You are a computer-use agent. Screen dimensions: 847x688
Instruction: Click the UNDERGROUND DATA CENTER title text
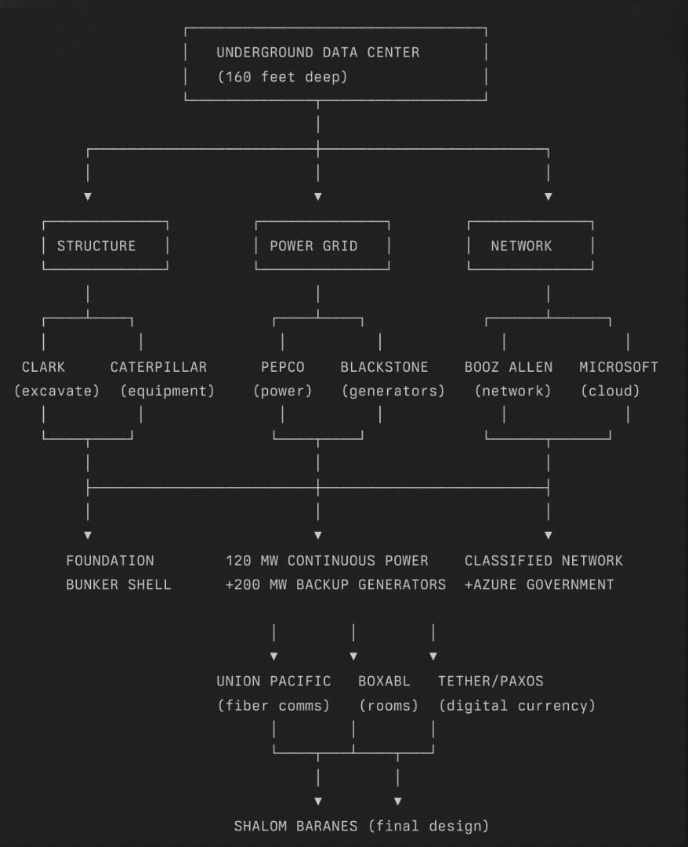pyautogui.click(x=317, y=53)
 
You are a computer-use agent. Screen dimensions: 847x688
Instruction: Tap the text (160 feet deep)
pyautogui.click(x=282, y=77)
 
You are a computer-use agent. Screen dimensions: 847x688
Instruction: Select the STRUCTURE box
pyautogui.click(x=96, y=245)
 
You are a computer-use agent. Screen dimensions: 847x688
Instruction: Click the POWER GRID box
pyautogui.click(x=313, y=245)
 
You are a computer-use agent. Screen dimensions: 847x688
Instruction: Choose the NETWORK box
pyautogui.click(x=521, y=245)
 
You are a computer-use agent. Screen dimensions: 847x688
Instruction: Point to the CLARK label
pyautogui.click(x=44, y=366)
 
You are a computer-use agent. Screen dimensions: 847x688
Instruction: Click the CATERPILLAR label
pyautogui.click(x=158, y=366)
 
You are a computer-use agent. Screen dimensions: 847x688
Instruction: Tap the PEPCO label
pyautogui.click(x=283, y=366)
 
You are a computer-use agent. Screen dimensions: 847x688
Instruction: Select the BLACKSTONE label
pyautogui.click(x=384, y=366)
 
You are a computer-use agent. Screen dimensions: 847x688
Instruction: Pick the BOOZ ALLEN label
pyautogui.click(x=508, y=366)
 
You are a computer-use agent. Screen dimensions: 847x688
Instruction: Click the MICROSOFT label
pyautogui.click(x=618, y=366)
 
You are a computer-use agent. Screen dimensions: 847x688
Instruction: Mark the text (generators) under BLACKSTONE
pyautogui.click(x=393, y=391)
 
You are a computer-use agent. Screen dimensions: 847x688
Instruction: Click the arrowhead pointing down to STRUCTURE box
pyautogui.click(x=88, y=196)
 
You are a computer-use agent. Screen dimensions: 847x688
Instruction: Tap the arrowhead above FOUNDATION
pyautogui.click(x=88, y=535)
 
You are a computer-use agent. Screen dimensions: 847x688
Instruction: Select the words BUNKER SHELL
pyautogui.click(x=118, y=584)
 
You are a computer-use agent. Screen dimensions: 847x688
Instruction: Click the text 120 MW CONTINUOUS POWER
pyautogui.click(x=327, y=560)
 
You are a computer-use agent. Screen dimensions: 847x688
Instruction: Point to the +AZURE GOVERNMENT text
pyautogui.click(x=539, y=584)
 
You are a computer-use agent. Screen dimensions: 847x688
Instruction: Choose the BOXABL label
pyautogui.click(x=384, y=681)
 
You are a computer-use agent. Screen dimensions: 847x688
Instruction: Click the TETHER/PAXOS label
pyautogui.click(x=491, y=681)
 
